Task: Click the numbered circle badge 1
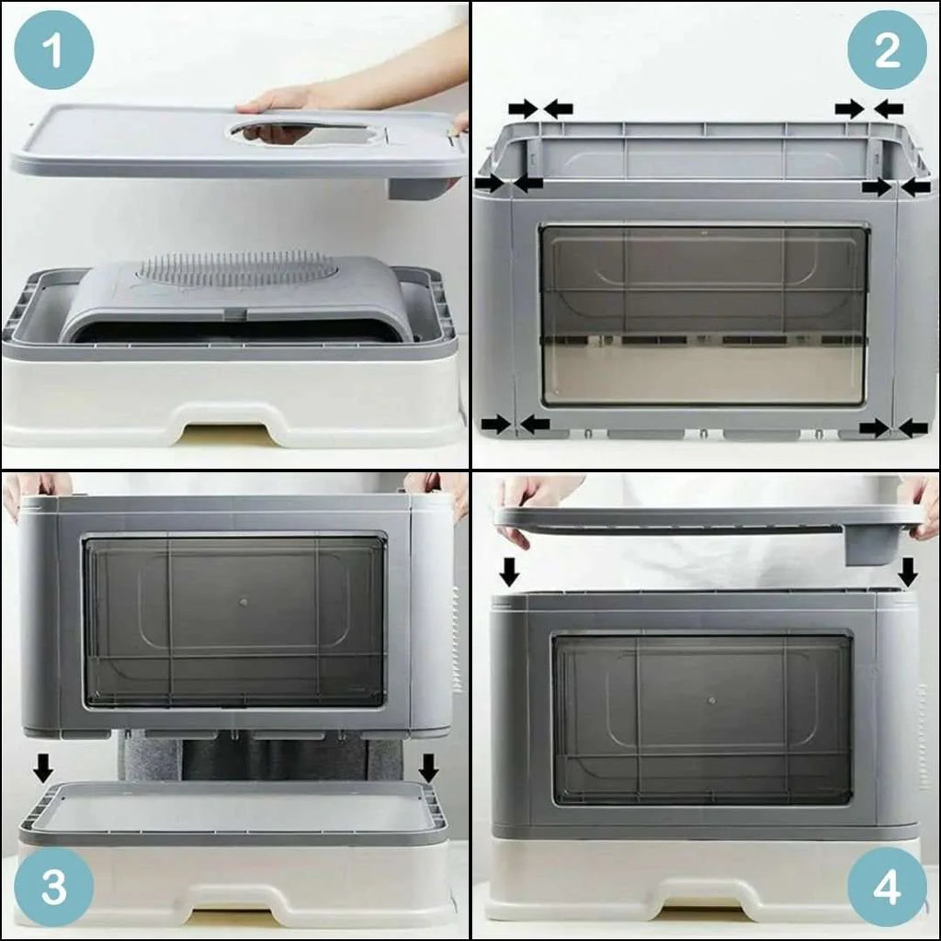tap(53, 50)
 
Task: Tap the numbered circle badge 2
tap(887, 50)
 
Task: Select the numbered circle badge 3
tap(53, 887)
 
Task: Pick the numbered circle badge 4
tap(887, 887)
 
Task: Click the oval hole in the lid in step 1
tap(306, 132)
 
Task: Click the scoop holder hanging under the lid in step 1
tap(423, 187)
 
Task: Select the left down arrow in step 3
tap(42, 768)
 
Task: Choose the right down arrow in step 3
tap(428, 768)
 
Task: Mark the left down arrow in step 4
tap(509, 572)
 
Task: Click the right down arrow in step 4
tap(908, 572)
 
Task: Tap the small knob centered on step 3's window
tap(243, 602)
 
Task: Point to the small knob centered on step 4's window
tap(711, 700)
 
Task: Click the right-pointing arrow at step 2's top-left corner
tap(523, 108)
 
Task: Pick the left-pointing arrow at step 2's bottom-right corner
tap(913, 428)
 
